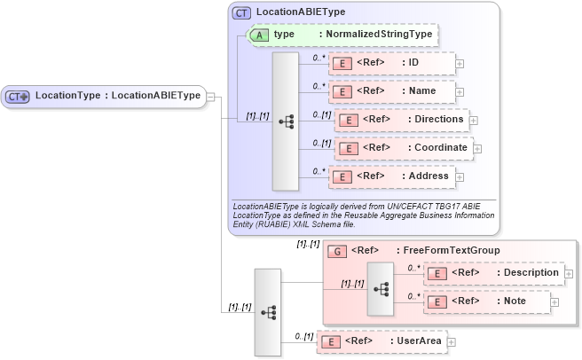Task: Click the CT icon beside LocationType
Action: click(x=18, y=96)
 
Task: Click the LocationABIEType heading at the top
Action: click(x=301, y=12)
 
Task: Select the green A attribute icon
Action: click(x=260, y=35)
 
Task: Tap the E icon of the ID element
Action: click(x=341, y=64)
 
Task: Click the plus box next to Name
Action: click(x=460, y=91)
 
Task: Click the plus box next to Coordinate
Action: click(x=477, y=148)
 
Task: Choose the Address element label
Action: click(x=428, y=176)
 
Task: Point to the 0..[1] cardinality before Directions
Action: click(x=321, y=114)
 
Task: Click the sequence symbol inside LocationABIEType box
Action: click(x=286, y=121)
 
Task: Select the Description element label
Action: click(x=529, y=273)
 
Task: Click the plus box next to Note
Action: click(x=554, y=302)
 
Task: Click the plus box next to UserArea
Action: click(x=451, y=341)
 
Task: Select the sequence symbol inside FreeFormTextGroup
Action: click(x=381, y=289)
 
